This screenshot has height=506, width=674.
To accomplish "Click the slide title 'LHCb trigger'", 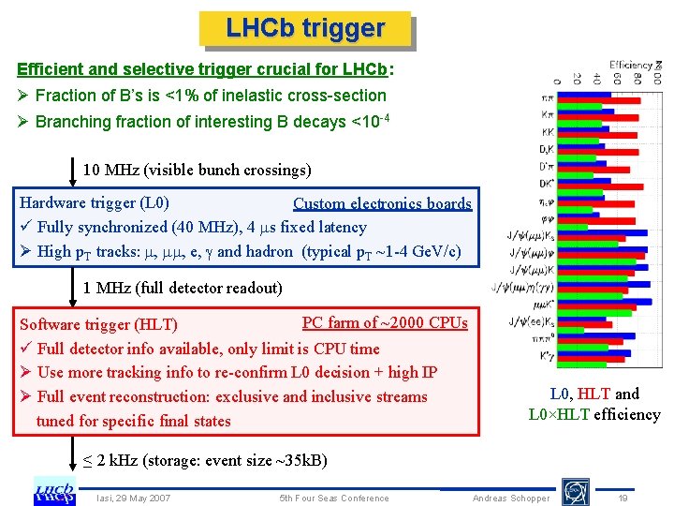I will click(305, 28).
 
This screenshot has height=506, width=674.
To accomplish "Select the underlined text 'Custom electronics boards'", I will click(382, 203).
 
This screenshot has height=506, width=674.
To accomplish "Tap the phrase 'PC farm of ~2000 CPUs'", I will click(385, 322).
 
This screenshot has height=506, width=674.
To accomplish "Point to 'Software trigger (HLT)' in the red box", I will click(98, 324).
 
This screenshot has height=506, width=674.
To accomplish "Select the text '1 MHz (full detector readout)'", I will click(183, 288).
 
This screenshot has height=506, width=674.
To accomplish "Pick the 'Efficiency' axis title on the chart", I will click(632, 65).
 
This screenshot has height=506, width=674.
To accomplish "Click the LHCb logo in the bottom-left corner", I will click(54, 490).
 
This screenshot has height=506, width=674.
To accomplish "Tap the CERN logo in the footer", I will click(575, 491).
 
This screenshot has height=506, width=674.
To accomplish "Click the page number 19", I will click(623, 498).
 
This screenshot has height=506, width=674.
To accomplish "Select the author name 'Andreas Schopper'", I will click(511, 498).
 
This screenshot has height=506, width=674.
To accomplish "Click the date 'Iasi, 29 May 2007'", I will click(134, 498).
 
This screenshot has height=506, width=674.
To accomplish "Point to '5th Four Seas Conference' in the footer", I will click(335, 498).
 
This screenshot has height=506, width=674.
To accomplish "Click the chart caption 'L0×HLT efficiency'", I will click(594, 414).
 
